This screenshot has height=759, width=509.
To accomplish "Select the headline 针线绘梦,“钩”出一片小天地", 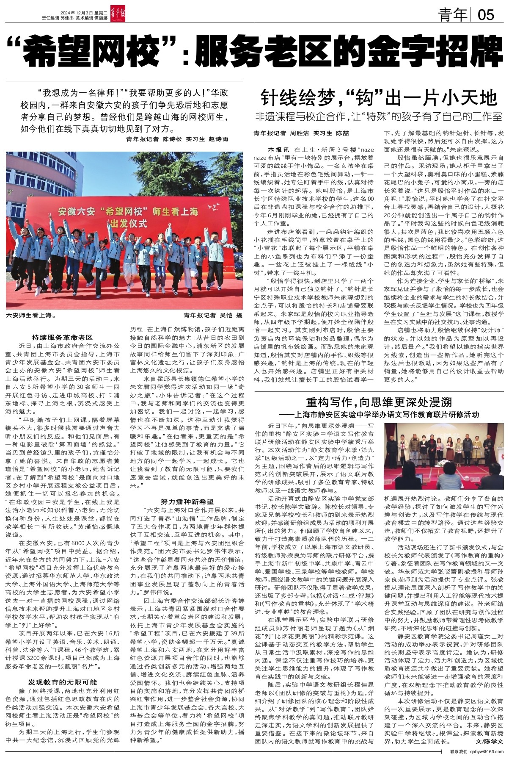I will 378,98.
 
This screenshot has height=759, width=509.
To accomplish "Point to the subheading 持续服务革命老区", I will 62,338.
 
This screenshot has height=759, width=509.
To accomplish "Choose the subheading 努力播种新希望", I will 187,501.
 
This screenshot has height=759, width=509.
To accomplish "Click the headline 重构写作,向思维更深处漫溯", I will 379,402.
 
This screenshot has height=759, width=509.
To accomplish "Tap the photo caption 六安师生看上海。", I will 31,316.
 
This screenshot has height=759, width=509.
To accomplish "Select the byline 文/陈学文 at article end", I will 490,742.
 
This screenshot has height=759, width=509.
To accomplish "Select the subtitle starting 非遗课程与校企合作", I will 378,116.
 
